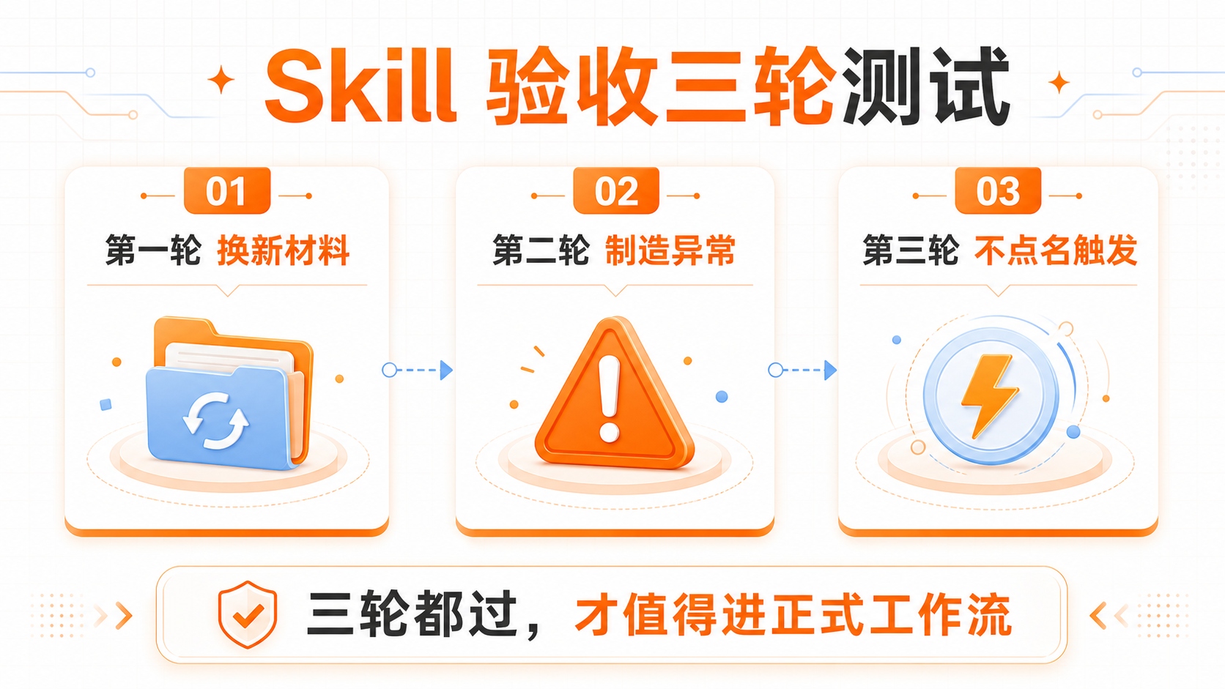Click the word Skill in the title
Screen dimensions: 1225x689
point(360,86)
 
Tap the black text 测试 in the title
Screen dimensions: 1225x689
point(927,86)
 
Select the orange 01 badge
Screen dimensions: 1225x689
point(227,190)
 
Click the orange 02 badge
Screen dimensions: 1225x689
point(616,190)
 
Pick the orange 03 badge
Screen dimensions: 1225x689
point(998,190)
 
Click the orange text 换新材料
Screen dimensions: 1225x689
point(284,250)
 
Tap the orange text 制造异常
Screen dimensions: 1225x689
point(670,250)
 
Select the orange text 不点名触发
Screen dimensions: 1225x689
point(1056,250)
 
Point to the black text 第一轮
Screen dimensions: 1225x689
point(153,250)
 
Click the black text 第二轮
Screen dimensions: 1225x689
point(541,250)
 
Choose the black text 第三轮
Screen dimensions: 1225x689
point(911,250)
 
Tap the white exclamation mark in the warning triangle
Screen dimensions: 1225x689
point(609,399)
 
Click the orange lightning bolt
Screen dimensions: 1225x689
point(990,395)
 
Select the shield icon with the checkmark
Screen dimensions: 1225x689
point(247,615)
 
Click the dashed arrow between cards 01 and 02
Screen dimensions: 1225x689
point(418,370)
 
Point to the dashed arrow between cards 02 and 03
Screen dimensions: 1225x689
point(803,370)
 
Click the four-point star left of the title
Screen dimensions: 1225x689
point(221,80)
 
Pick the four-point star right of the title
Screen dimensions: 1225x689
point(1059,83)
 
